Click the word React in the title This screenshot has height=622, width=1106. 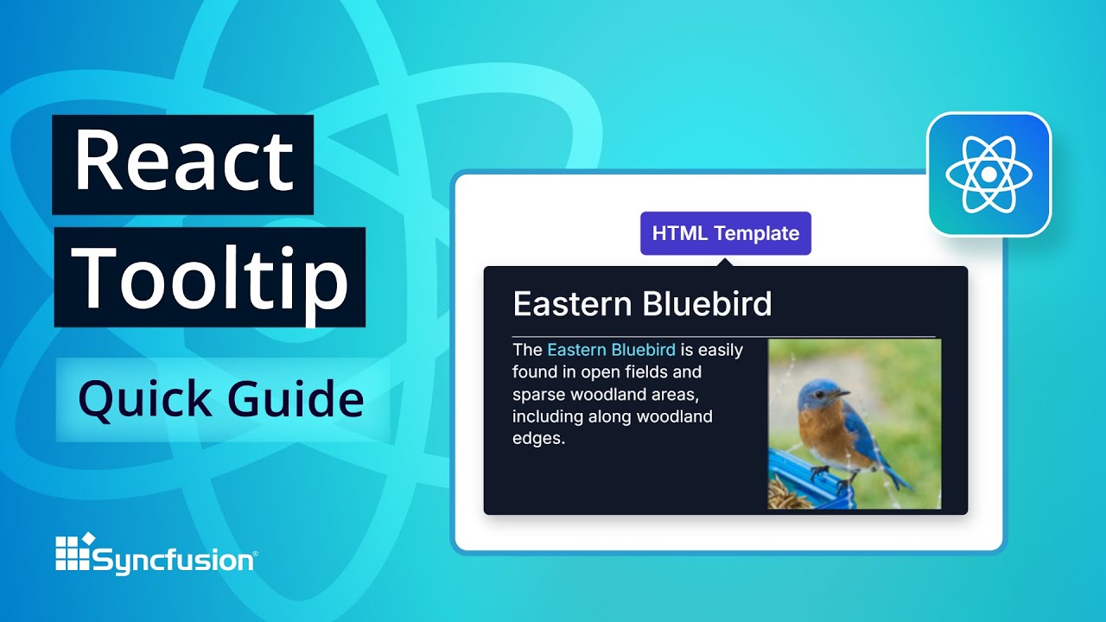183,162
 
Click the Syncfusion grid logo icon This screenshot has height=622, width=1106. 73,554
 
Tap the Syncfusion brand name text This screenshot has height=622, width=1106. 174,561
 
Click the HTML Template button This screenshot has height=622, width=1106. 725,233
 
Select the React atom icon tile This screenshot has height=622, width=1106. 988,175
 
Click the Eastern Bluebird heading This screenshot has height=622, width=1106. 642,304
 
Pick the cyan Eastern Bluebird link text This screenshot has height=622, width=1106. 611,350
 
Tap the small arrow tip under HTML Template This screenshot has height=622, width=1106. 725,260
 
